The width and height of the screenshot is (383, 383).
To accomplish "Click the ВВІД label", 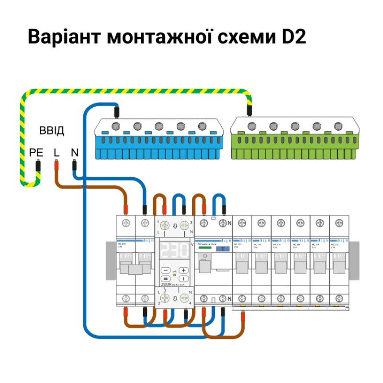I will [x=51, y=131].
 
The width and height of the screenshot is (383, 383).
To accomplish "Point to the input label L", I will [x=56, y=153].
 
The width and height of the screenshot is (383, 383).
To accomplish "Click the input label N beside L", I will [x=74, y=153].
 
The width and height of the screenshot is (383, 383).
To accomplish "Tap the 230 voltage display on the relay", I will [x=175, y=250].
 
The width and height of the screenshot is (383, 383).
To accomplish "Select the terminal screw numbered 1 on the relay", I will [x=165, y=225].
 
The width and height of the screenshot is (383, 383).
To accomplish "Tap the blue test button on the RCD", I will [x=222, y=249].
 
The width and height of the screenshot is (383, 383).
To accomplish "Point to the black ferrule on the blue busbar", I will [x=116, y=112].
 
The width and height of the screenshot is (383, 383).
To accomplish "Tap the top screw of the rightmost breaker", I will [x=339, y=223].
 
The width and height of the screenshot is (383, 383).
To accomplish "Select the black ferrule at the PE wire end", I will [x=38, y=167].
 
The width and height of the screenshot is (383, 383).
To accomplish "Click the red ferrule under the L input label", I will [x=56, y=166].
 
